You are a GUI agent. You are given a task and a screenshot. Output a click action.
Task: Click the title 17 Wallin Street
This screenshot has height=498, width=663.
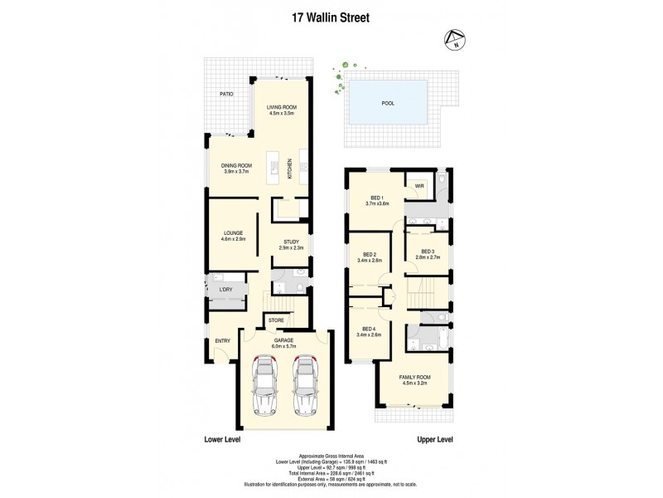(331, 15)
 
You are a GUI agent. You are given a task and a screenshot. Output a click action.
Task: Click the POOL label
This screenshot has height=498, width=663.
(387, 104)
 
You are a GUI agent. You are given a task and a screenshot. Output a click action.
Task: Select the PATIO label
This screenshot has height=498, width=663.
(226, 95)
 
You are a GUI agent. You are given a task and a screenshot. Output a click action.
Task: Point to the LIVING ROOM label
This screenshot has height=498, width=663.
(281, 108)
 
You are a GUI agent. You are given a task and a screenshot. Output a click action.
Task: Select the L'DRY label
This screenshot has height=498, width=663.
(225, 289)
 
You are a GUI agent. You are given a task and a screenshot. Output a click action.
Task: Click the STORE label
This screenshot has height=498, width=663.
(275, 320)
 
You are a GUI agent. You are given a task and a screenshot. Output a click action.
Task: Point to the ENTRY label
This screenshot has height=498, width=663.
(222, 340)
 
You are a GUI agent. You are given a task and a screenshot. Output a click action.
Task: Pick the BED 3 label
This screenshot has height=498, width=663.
(428, 251)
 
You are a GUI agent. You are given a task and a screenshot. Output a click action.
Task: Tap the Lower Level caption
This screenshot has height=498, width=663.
(223, 440)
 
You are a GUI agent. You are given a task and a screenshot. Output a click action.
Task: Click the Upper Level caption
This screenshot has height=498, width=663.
(435, 440)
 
